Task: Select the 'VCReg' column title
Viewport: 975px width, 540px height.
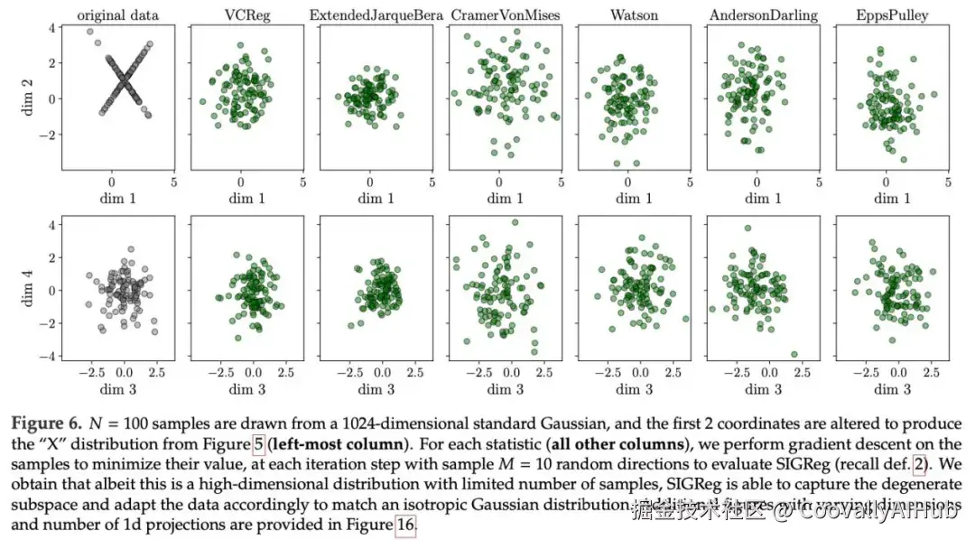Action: tap(242, 14)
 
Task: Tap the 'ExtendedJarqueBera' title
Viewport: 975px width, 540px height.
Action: tap(371, 14)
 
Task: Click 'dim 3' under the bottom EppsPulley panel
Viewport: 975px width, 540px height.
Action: tap(887, 389)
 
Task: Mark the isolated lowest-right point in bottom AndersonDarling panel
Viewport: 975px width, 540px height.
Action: tap(794, 354)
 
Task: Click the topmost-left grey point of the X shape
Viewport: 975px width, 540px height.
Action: tap(90, 32)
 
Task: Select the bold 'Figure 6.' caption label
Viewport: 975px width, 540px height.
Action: tap(46, 423)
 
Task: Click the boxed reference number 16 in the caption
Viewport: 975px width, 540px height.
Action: tap(405, 526)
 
